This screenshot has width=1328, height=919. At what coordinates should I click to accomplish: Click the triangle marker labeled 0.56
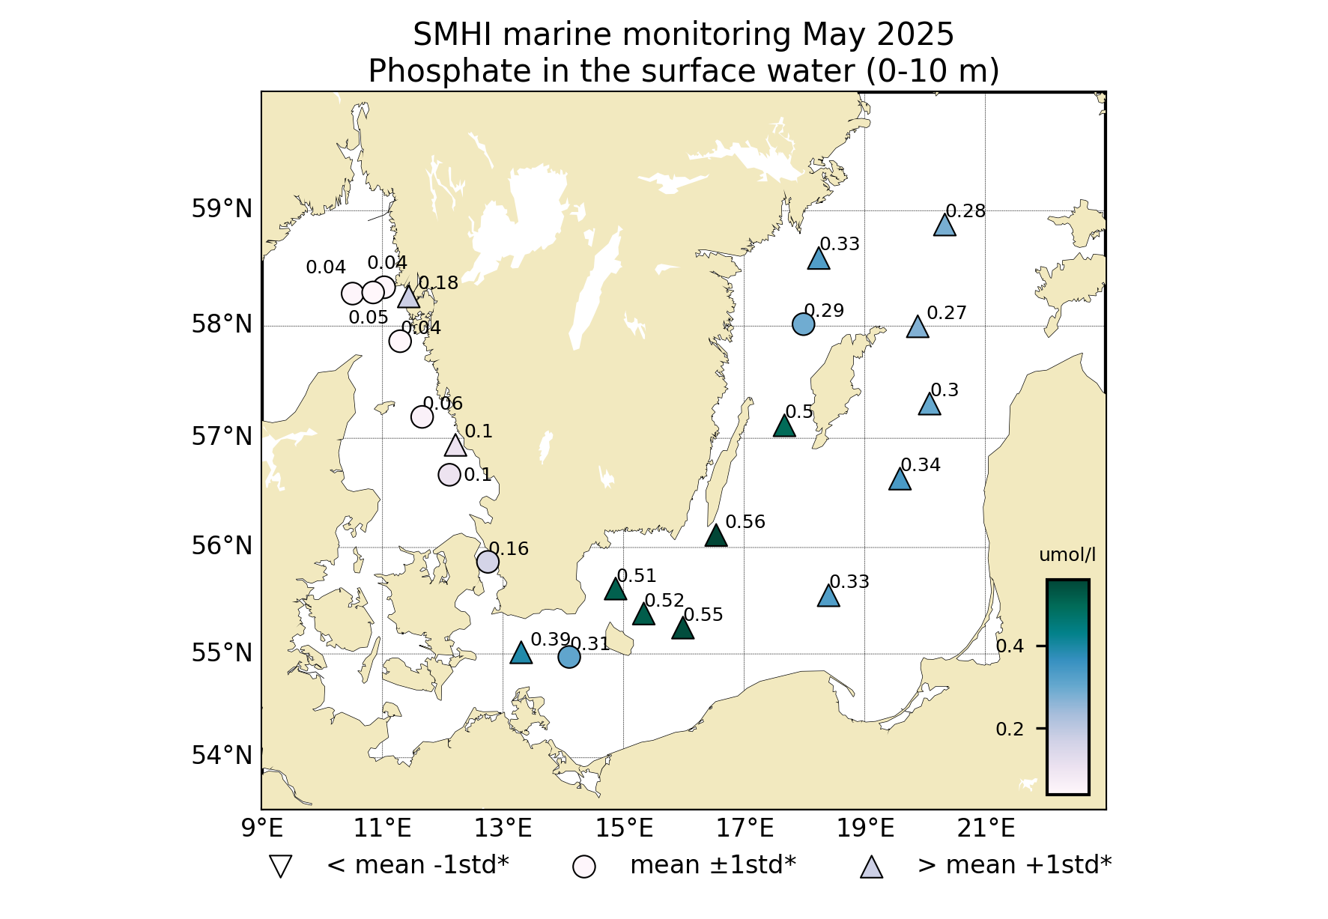coord(716,536)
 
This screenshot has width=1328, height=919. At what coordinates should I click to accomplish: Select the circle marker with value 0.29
coord(803,324)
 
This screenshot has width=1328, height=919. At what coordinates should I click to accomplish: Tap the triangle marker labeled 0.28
coord(945,225)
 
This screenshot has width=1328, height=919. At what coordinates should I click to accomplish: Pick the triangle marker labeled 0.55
coord(682,628)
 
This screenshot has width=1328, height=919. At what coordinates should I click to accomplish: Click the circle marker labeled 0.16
coord(488,562)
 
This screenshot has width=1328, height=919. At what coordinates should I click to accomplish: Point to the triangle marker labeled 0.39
coord(521,654)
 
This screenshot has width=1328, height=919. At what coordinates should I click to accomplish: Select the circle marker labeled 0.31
coord(569,657)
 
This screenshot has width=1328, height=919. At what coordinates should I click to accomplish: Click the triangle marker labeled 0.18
coord(408,297)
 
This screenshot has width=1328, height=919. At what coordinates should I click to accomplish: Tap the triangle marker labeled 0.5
coord(784,426)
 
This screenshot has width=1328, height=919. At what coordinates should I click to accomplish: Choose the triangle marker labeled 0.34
coord(900,479)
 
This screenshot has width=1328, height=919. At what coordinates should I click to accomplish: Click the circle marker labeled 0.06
coord(422,417)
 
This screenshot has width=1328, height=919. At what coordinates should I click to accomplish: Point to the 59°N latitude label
coord(222,209)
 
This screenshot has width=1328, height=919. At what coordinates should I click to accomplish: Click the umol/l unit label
coord(1067,555)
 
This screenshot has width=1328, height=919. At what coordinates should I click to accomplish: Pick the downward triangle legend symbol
coord(281,867)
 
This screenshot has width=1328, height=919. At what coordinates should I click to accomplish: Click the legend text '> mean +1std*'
coord(1014,865)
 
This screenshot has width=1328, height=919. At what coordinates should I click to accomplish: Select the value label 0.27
coord(947,313)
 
